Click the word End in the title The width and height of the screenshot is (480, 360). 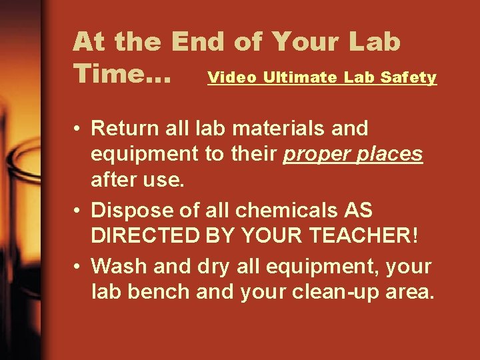198,41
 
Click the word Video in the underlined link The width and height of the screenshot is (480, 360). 232,77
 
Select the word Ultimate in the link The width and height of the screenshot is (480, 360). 300,77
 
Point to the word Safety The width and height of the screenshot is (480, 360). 409,77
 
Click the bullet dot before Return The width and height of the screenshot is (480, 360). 78,128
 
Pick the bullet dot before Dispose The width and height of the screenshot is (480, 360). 78,211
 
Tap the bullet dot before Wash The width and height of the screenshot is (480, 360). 78,267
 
